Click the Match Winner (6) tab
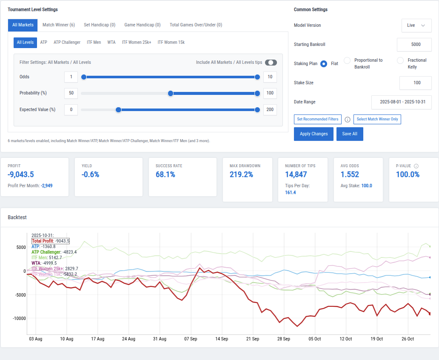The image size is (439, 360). click(59, 25)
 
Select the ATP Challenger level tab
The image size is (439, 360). click(67, 43)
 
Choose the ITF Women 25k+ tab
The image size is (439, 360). click(137, 43)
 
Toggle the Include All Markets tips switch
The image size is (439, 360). click(271, 63)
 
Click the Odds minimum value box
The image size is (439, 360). click(71, 77)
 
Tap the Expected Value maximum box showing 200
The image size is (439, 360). click(270, 110)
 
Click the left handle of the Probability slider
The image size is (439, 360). click(171, 94)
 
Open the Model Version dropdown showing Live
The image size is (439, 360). click(416, 26)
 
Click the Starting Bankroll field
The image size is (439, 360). click(414, 45)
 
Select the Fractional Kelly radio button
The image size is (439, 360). click(400, 60)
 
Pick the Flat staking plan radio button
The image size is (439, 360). click(323, 64)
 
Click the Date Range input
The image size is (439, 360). click(401, 103)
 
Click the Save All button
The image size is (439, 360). click(350, 134)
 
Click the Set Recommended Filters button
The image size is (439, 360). click(317, 120)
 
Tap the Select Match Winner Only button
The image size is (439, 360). click(377, 120)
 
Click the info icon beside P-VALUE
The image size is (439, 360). click(416, 166)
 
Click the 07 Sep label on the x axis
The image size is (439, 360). click(191, 339)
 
